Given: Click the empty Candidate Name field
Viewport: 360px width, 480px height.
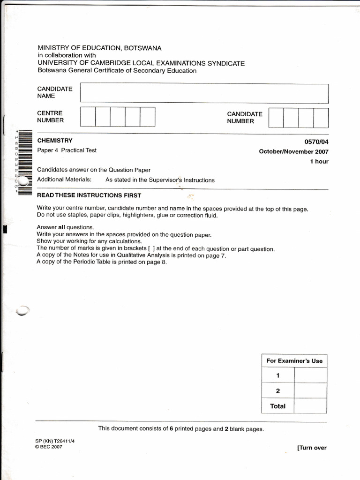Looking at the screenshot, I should point(204,93).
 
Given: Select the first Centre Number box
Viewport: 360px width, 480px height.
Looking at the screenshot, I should point(88,117).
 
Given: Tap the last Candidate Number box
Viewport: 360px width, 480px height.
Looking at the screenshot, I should point(321,118).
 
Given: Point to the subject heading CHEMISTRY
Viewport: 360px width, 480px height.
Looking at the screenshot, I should point(55,141).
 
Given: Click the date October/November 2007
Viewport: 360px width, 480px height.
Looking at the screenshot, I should point(294,151).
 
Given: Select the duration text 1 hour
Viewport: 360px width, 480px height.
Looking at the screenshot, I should point(319,161).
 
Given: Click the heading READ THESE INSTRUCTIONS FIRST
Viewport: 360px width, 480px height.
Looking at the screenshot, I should point(89,195).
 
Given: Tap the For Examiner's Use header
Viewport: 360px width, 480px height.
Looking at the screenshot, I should point(294,360).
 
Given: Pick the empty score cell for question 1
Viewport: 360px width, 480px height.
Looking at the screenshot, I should point(310,375).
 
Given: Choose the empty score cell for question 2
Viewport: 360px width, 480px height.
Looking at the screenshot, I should point(310,390).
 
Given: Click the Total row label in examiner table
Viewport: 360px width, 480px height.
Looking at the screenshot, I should point(277,406).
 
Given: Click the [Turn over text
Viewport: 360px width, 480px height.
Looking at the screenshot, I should point(312,448).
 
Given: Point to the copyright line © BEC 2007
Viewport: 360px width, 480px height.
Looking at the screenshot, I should point(49,447).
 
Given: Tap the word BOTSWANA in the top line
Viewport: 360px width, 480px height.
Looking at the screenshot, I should point(141,48).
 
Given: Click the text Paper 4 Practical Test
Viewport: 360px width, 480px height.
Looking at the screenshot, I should point(67,150).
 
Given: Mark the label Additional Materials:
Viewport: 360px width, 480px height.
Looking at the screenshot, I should point(64,180).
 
